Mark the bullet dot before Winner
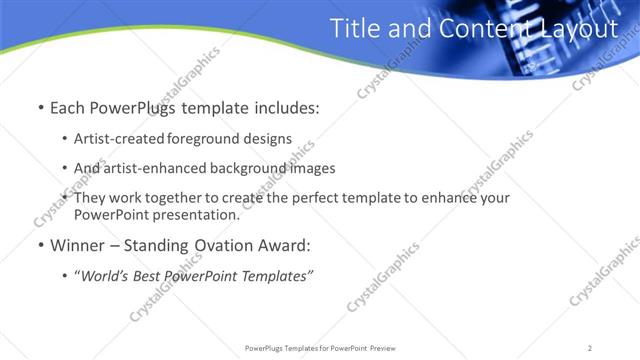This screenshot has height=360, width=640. click(39, 245)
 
